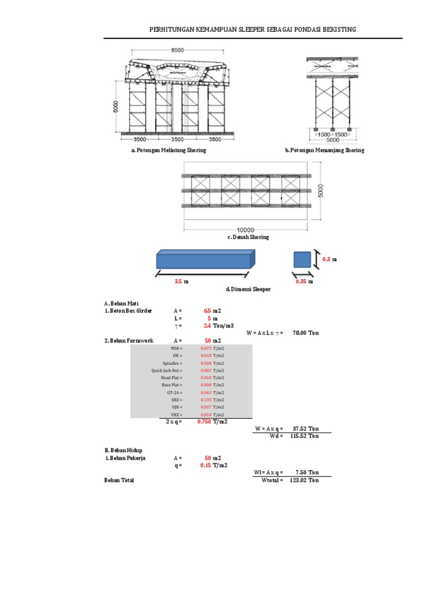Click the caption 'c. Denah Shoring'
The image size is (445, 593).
247,237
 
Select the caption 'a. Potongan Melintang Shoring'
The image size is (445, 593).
169,150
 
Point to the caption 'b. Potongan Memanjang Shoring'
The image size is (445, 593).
324,150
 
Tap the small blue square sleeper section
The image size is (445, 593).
302,259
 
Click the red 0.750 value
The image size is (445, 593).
203,422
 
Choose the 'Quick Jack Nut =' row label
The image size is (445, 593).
167,370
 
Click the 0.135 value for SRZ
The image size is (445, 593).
206,400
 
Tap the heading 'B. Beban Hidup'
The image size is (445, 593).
123,450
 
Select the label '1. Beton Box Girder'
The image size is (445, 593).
128,311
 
